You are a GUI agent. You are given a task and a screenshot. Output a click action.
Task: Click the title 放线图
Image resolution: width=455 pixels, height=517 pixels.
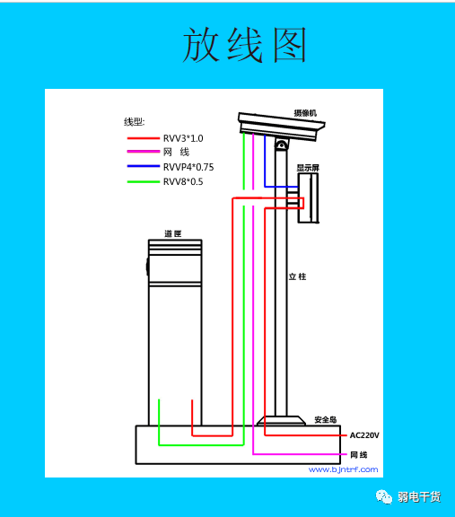(245, 45)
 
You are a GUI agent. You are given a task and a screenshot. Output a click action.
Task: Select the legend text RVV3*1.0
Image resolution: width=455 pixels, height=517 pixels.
(183, 138)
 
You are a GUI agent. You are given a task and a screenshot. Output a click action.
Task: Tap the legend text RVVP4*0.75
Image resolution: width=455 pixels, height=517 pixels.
(188, 167)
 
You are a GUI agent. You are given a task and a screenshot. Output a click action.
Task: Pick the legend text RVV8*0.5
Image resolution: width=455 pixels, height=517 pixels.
(183, 181)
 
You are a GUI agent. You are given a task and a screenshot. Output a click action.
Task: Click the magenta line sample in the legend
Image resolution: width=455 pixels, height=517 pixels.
(144, 152)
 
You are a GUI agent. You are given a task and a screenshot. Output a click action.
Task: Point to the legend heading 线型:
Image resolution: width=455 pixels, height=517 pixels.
(135, 122)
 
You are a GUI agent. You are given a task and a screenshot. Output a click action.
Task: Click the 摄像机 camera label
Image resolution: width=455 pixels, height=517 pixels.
(305, 113)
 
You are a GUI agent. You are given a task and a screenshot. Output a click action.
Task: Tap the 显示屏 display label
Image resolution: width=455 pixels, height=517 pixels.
(308, 168)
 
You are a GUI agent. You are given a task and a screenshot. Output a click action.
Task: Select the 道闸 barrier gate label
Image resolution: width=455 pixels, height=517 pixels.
(173, 233)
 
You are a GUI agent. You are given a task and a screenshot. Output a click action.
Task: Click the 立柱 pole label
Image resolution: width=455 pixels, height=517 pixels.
(297, 276)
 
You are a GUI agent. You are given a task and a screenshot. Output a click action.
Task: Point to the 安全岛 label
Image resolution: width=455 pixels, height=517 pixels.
(326, 419)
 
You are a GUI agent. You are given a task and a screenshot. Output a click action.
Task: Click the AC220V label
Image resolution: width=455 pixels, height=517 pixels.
(364, 435)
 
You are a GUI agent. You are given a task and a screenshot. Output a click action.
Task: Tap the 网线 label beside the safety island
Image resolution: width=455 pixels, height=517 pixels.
(359, 455)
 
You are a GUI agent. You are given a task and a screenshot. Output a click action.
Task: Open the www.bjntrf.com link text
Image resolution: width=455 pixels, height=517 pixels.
(343, 469)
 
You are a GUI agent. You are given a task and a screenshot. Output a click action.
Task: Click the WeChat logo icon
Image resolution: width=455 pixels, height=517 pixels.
(384, 496)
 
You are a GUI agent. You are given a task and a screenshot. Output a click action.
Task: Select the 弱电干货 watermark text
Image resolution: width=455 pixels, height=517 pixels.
(419, 497)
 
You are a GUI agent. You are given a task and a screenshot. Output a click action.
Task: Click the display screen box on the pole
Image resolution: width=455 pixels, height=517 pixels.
(309, 197)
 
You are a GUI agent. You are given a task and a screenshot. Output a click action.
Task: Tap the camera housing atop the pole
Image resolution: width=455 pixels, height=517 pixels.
(281, 127)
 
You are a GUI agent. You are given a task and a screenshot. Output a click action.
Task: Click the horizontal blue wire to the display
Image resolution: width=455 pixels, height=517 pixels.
(281, 187)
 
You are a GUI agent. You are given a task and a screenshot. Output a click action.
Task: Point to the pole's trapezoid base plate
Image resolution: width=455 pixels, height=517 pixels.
(281, 421)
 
